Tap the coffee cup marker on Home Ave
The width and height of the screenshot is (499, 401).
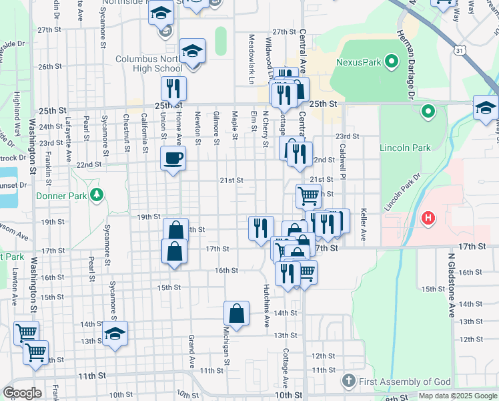click(x=173, y=158)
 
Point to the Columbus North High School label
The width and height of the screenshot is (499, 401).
click(x=149, y=63)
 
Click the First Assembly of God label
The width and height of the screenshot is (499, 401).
click(x=406, y=382)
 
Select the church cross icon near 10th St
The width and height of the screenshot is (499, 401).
click(x=347, y=382)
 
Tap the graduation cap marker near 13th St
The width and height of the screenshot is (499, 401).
click(x=115, y=332)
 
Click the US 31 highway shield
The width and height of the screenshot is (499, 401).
click(x=458, y=51)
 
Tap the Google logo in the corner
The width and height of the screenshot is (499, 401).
click(x=23, y=394)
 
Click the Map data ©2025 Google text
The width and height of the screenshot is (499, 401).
click(x=458, y=396)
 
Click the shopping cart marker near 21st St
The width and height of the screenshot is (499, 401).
click(x=308, y=196)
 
